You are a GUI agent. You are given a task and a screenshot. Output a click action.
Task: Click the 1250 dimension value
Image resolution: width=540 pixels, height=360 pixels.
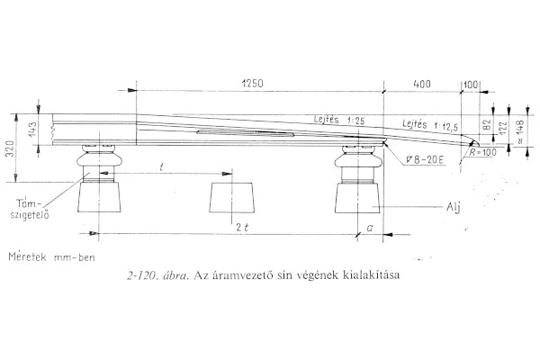tap(255, 83)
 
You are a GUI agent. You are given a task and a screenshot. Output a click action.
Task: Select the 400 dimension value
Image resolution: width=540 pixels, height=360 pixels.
tap(421, 83)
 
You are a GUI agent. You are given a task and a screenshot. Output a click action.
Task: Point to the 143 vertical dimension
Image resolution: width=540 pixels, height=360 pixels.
tap(31, 130)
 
